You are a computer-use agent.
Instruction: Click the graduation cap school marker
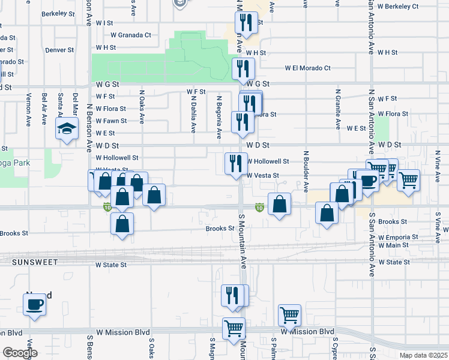point(67,128)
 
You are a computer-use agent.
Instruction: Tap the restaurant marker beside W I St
point(246,23)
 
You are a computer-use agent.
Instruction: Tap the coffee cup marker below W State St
point(35,304)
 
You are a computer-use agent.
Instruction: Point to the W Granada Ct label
point(131,35)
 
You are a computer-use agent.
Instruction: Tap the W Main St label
point(393,245)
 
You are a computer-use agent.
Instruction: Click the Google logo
point(20,353)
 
